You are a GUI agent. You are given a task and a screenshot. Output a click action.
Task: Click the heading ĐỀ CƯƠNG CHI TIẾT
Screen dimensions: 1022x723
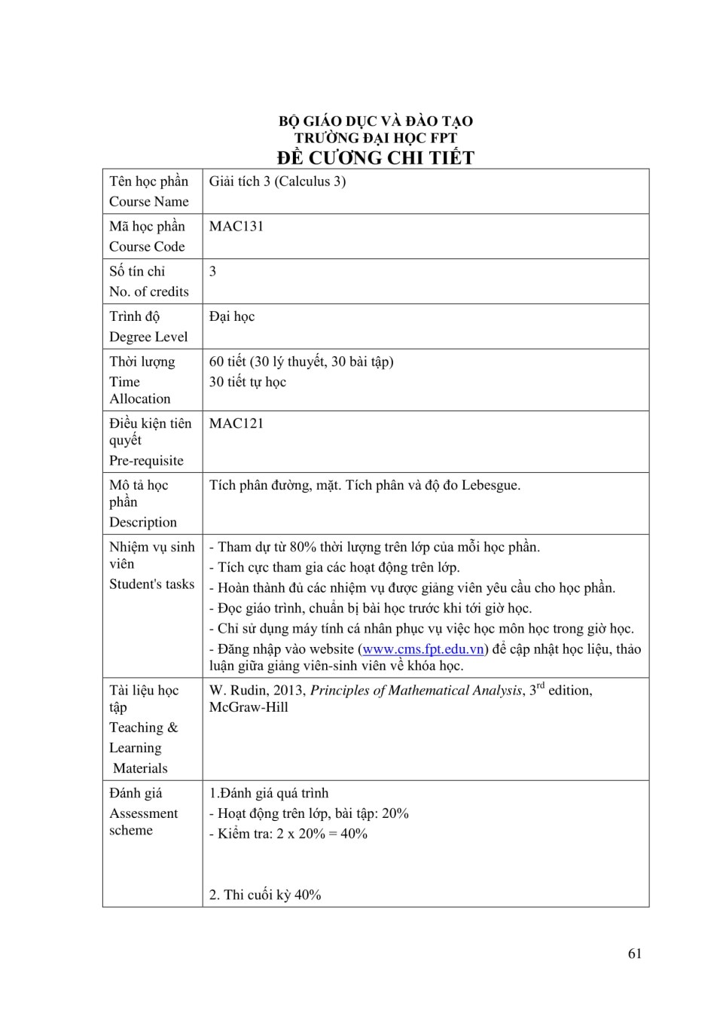(375, 157)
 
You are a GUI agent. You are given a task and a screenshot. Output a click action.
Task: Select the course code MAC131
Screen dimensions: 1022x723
(236, 226)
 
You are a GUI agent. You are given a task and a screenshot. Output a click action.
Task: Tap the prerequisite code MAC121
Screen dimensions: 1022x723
(236, 423)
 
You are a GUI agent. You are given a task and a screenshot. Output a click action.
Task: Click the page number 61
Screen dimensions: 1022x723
(634, 953)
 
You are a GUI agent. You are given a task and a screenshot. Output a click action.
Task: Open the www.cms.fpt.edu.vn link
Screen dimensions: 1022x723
(423, 649)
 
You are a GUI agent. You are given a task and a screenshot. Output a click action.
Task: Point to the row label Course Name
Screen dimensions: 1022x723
(148, 201)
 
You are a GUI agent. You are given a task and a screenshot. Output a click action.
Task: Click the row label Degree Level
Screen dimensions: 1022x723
(148, 337)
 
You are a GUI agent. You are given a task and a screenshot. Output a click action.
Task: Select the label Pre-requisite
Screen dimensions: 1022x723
(146, 460)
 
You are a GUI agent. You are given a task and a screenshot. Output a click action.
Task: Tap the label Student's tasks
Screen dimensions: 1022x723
(151, 584)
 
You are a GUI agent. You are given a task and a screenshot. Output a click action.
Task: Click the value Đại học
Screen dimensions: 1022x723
(231, 316)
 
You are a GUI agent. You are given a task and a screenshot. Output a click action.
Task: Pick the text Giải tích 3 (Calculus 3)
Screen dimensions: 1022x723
(277, 181)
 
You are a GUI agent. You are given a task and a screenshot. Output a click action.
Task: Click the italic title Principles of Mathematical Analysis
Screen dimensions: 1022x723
(416, 690)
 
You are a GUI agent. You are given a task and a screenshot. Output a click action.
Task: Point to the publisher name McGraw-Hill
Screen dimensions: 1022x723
(249, 707)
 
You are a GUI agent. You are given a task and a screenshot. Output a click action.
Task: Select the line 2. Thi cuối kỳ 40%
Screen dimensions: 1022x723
(265, 895)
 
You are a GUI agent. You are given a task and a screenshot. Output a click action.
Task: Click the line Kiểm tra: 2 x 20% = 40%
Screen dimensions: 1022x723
(291, 834)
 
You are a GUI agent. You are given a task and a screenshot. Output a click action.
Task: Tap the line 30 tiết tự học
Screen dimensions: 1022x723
(247, 382)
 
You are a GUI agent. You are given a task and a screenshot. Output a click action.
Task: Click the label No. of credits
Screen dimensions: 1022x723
(148, 291)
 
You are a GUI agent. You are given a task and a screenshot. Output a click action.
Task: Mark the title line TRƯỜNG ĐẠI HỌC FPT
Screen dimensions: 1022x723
(375, 138)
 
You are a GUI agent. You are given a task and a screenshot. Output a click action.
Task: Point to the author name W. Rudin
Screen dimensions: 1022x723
(234, 690)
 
